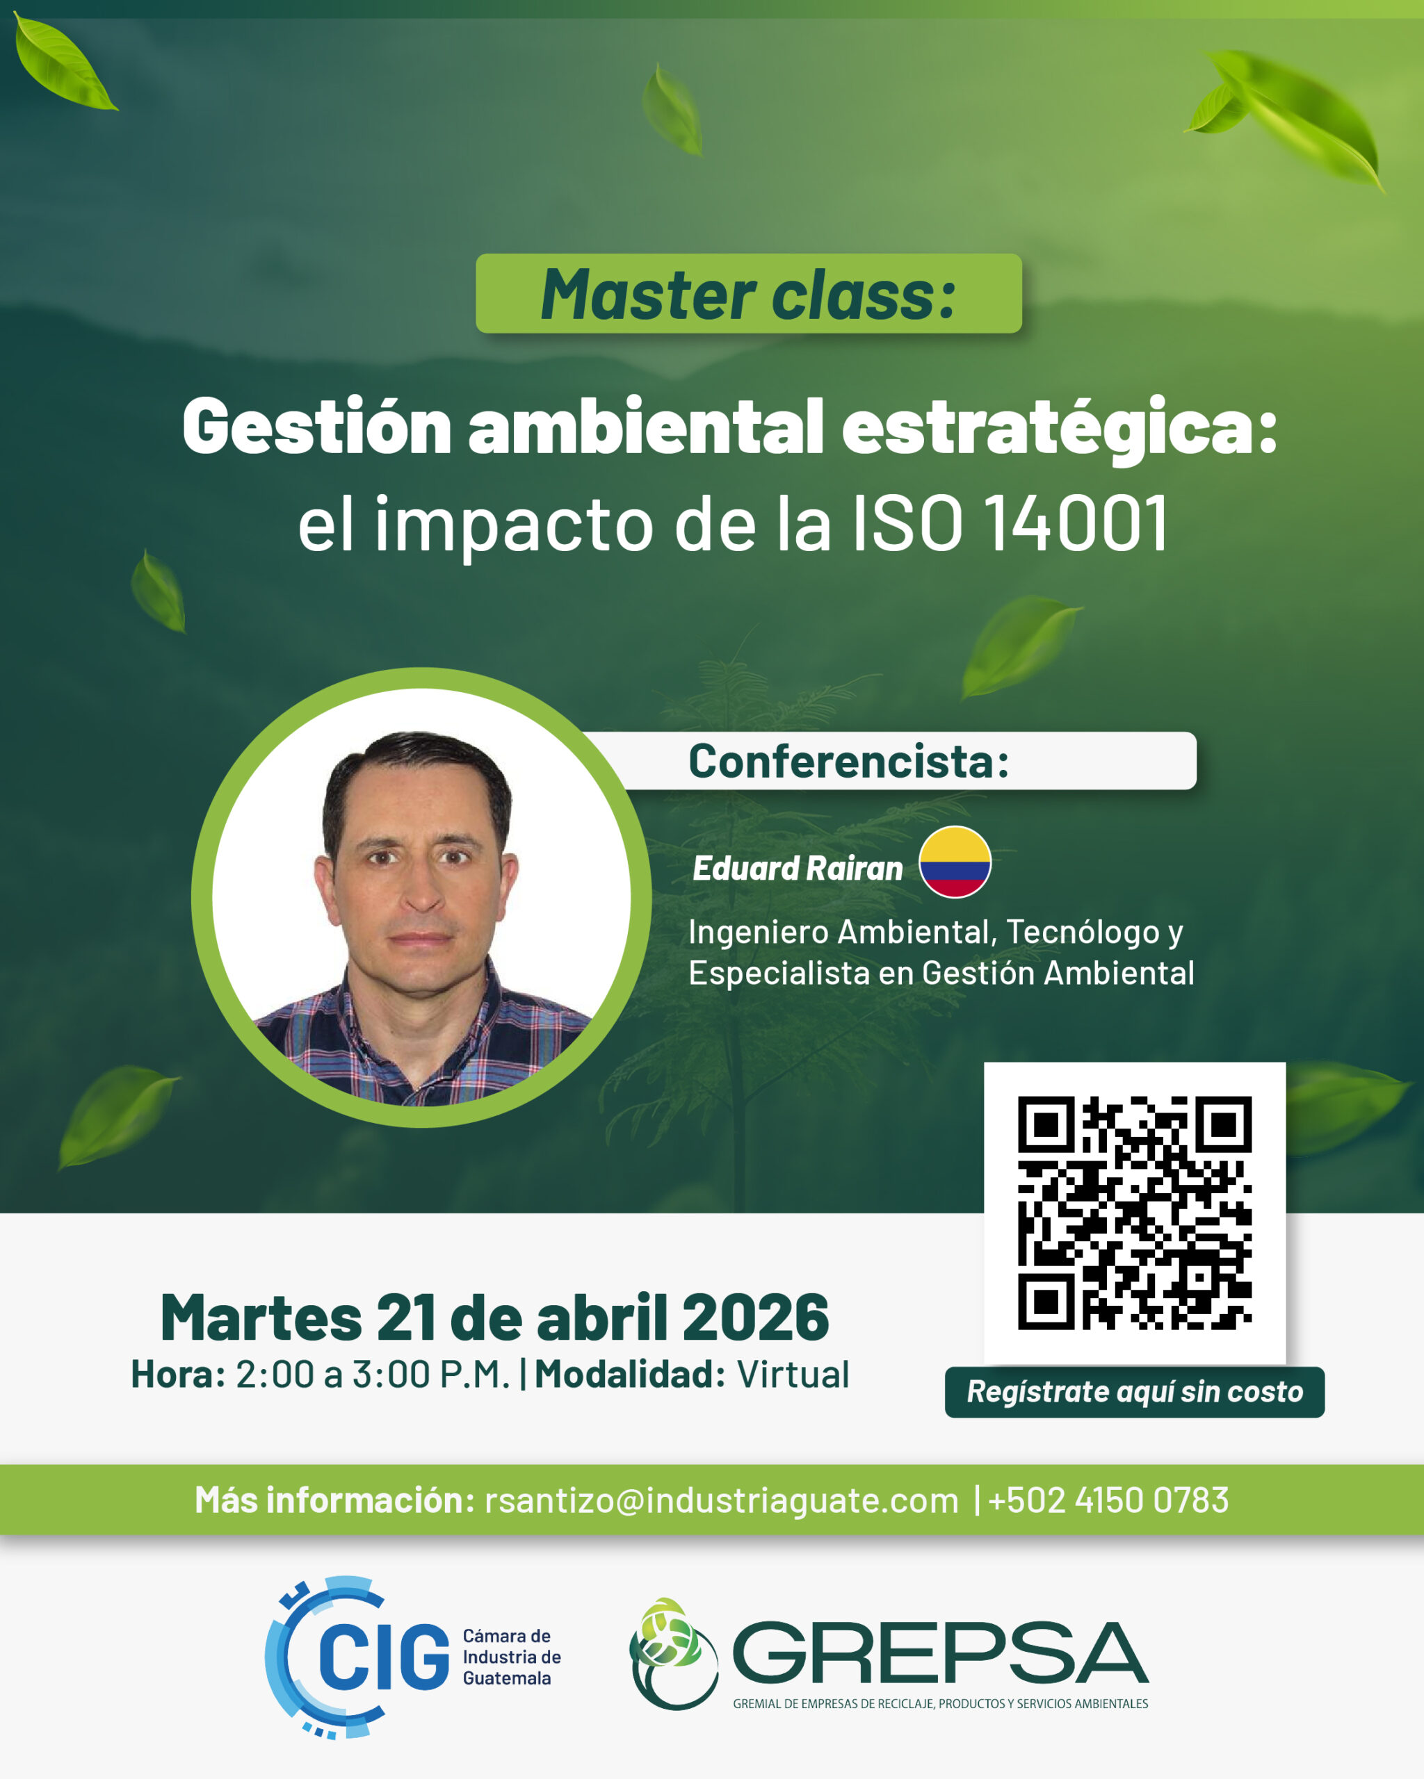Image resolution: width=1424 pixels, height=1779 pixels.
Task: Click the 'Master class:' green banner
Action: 749,293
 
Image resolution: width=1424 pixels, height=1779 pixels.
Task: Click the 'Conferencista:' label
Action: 848,761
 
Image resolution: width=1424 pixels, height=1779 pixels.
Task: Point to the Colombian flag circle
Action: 955,862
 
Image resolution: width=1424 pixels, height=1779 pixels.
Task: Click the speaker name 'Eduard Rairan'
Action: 798,868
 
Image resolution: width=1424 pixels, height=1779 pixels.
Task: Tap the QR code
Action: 1134,1213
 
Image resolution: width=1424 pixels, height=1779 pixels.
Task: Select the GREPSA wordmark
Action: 939,1652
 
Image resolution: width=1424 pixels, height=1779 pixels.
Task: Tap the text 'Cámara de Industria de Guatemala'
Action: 512,1657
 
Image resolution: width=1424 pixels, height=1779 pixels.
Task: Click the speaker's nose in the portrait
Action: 423,893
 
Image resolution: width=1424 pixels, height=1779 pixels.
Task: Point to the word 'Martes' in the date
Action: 261,1318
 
